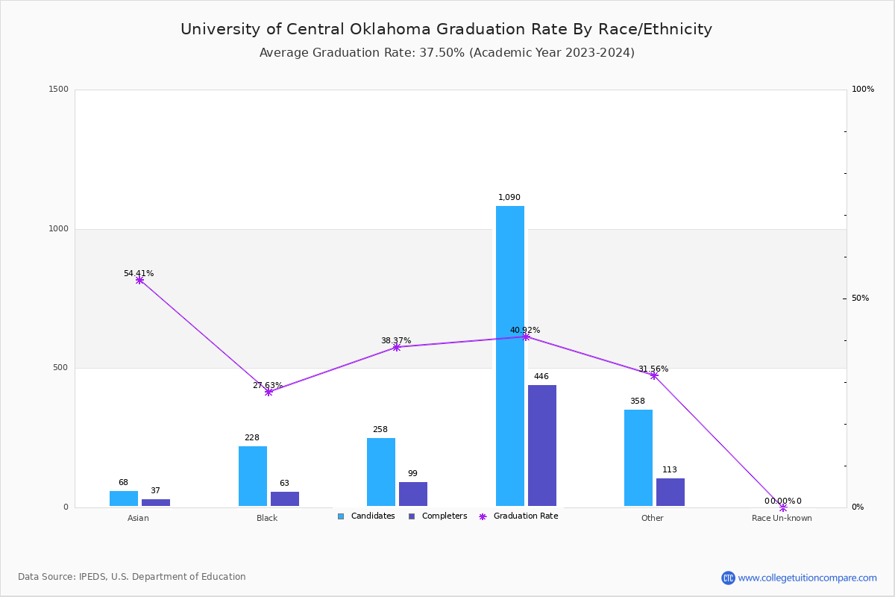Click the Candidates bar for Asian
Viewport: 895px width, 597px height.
(124, 498)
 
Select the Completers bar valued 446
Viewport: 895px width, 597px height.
(542, 446)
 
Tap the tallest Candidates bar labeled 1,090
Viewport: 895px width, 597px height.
(510, 356)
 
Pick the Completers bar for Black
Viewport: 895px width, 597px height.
(285, 498)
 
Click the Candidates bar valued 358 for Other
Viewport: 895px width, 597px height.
(638, 457)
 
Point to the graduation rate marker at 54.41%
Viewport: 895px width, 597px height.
(139, 281)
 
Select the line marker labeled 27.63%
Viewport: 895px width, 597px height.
(268, 392)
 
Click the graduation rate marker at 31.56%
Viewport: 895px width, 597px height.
(654, 375)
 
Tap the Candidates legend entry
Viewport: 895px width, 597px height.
(366, 516)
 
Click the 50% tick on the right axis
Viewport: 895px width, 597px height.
(860, 298)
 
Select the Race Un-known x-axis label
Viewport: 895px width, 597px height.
(782, 518)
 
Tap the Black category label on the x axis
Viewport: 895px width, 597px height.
(267, 518)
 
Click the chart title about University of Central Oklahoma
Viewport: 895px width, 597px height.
(446, 29)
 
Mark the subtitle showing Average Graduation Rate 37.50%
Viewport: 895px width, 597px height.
(446, 53)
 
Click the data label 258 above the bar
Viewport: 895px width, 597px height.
(380, 430)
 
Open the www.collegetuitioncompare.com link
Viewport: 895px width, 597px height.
(807, 578)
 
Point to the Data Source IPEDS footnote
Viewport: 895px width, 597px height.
(132, 577)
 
